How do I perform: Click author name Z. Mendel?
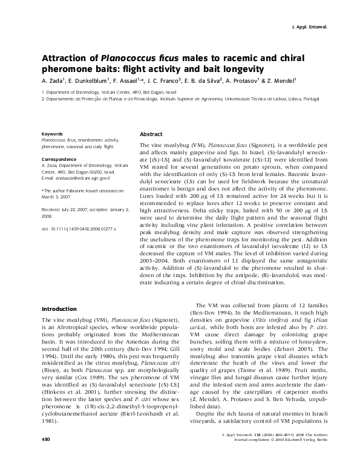tap(280, 80)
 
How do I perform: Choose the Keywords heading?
tap(51, 133)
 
